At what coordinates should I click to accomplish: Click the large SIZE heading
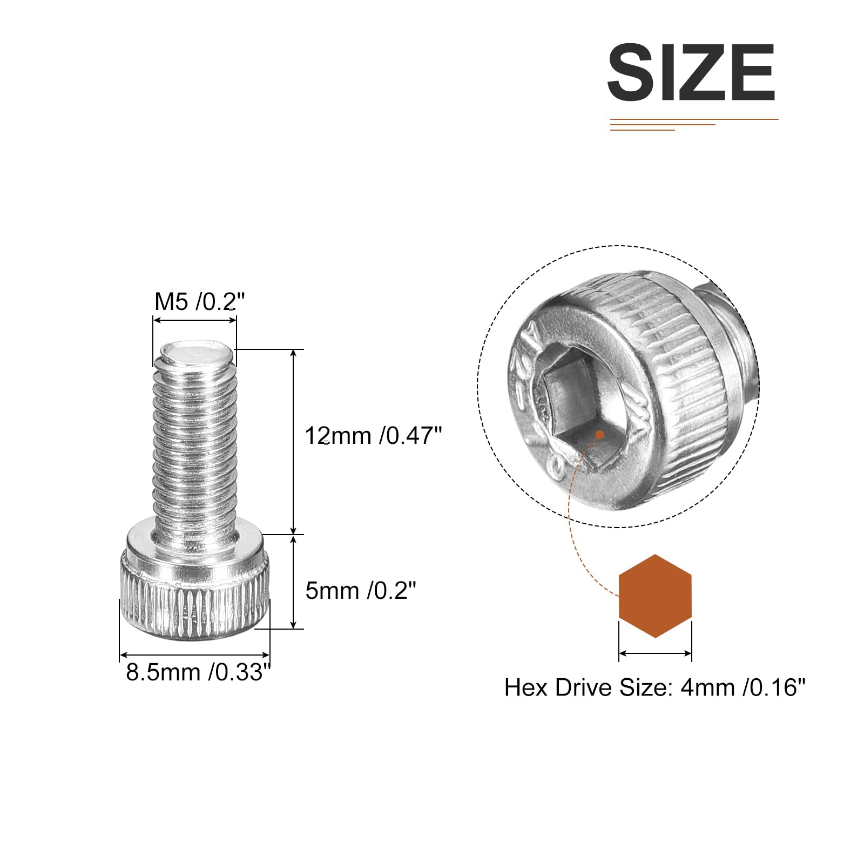pos(691,72)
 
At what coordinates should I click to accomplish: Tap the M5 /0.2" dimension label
pos(200,301)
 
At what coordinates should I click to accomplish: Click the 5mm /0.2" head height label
pos(361,590)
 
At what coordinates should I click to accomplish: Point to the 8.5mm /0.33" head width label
pos(198,672)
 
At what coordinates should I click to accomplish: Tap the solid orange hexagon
pos(655,596)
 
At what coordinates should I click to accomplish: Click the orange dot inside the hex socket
pos(599,434)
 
